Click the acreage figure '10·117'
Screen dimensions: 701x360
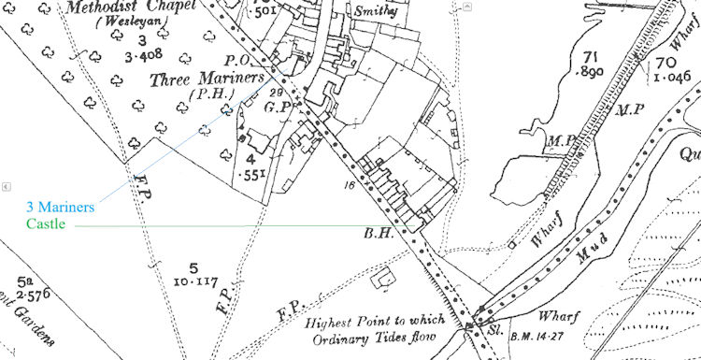(x=196, y=280)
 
